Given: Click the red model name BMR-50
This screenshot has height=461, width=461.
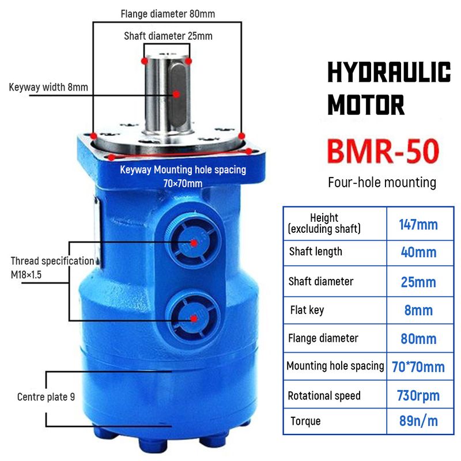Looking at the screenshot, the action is (x=383, y=151).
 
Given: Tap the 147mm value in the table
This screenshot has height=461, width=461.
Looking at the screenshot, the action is (x=418, y=225).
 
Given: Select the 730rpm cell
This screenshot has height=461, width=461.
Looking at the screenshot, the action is (x=418, y=395).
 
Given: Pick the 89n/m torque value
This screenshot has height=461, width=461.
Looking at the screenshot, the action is (x=418, y=421).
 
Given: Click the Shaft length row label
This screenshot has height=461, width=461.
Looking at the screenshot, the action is (x=315, y=252).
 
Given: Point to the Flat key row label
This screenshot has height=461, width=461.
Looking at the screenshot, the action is (x=307, y=310).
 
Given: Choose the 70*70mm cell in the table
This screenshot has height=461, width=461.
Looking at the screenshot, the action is (x=418, y=367).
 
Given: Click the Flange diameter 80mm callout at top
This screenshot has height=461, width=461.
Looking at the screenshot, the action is (x=168, y=14).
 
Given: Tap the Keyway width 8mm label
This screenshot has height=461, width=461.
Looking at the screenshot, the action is (x=48, y=88).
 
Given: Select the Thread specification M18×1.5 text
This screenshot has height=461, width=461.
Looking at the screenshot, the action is (x=52, y=267).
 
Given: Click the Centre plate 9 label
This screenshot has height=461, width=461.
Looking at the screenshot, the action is (x=46, y=397).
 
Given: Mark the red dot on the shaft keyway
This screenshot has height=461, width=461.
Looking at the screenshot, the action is (x=176, y=94).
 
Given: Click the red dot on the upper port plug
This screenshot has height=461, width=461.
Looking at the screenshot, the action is (x=194, y=243).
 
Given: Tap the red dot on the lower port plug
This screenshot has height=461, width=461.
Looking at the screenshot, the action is (x=194, y=319).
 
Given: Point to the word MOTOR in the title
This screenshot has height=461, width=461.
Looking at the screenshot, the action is (x=366, y=105).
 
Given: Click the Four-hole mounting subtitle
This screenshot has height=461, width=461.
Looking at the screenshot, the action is (x=382, y=183).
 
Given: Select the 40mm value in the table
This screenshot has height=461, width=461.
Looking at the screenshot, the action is (x=418, y=252).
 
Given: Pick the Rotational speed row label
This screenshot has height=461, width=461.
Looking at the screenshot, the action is (x=324, y=396).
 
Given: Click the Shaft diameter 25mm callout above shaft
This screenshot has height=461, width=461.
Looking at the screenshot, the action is (x=168, y=36).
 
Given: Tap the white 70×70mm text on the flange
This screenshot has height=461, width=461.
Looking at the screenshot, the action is (x=183, y=183).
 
